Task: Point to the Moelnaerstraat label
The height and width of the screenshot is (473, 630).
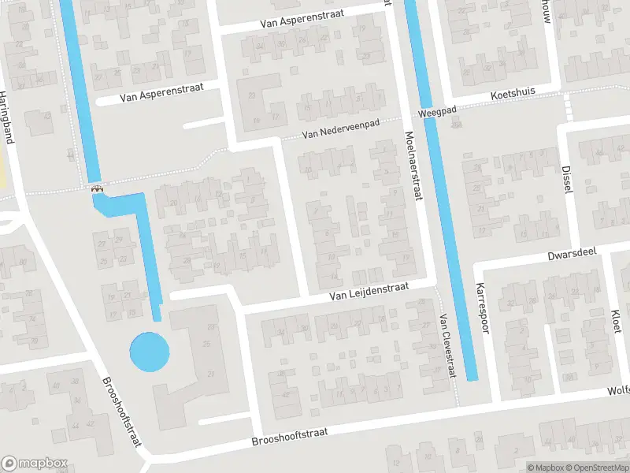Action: pos(413,166)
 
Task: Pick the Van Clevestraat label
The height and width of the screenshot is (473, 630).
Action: pos(447,345)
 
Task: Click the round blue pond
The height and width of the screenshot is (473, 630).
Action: pos(149,352)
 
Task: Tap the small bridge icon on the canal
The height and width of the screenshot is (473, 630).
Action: pos(97,188)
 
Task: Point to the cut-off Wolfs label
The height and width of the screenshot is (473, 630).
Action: pos(617,390)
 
